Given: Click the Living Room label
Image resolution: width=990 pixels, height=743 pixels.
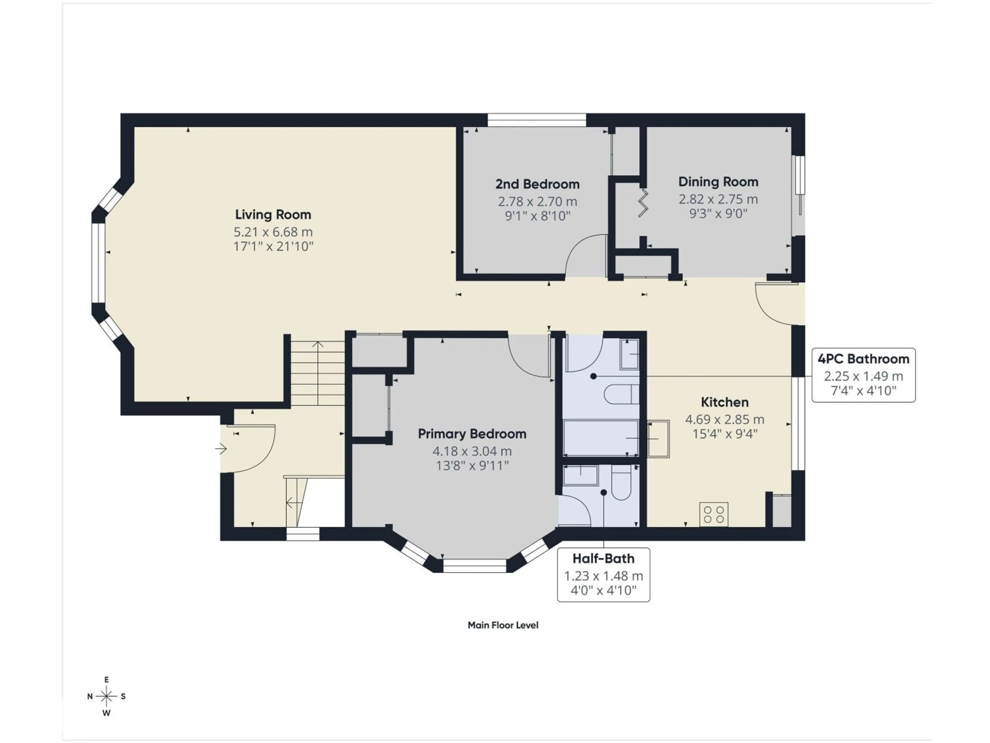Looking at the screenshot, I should [273, 215].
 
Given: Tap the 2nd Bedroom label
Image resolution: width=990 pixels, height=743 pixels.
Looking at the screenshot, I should [537, 184].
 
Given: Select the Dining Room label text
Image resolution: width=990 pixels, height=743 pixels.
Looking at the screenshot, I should [718, 182].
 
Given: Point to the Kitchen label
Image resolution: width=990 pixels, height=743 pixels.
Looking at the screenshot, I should [724, 402].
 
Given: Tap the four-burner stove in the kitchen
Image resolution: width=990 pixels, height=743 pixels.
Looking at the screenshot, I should [713, 514].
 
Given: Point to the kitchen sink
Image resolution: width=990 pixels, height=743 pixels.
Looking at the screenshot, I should [658, 439].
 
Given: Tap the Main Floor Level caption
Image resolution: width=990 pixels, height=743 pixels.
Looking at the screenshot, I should [503, 625].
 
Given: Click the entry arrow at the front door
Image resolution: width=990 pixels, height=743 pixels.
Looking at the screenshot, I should [221, 448].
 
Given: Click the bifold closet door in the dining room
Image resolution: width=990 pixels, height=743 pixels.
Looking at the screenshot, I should [643, 203].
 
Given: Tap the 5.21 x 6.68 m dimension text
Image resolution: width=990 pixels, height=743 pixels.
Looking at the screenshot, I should [273, 232].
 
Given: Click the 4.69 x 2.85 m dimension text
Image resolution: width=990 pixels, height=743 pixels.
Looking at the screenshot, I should [724, 420].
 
